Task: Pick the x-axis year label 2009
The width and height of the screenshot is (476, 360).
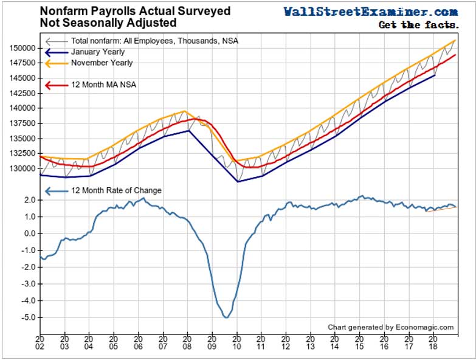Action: point(212,343)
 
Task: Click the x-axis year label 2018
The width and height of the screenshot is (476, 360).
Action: point(433,343)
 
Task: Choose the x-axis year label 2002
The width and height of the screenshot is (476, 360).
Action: point(40,343)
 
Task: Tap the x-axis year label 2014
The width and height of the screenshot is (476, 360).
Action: point(335,343)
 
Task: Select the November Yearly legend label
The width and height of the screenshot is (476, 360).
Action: point(102,63)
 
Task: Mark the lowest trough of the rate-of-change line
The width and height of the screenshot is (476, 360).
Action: point(226,317)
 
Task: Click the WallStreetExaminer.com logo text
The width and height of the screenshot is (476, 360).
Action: point(370,12)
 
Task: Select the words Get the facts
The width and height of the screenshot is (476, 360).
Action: point(418,25)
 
